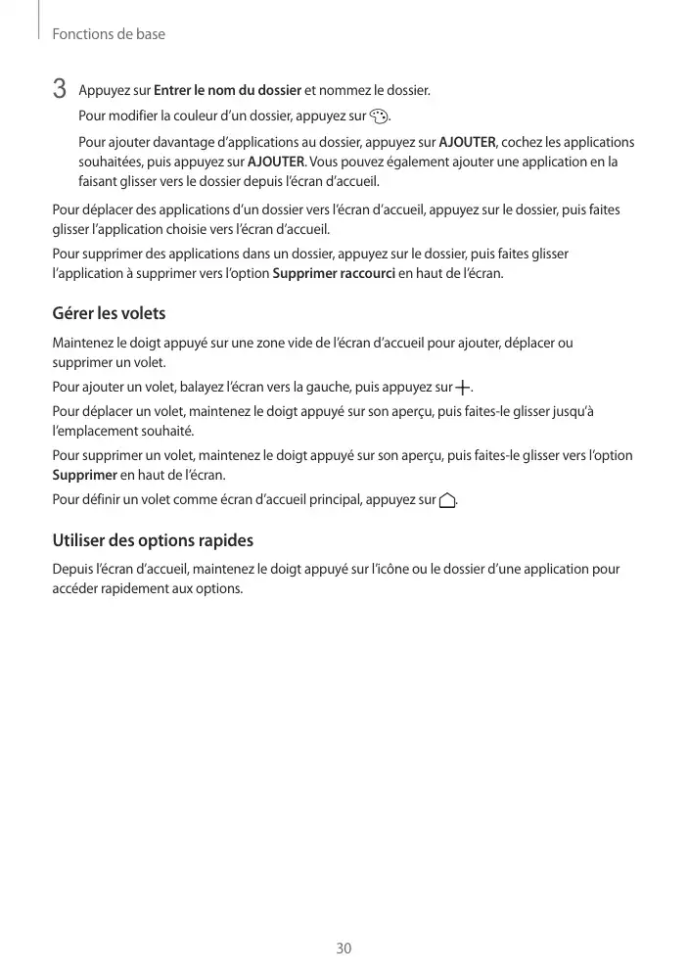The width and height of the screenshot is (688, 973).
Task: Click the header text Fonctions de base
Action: [x=108, y=34]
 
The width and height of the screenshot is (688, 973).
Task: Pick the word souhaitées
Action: [x=111, y=162]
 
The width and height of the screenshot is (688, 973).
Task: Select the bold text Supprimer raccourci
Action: [x=334, y=273]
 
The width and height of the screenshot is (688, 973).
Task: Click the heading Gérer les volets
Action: [x=109, y=314]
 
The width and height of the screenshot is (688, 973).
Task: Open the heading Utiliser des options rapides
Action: [x=152, y=540]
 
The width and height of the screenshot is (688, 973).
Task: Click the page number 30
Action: [x=344, y=949]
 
